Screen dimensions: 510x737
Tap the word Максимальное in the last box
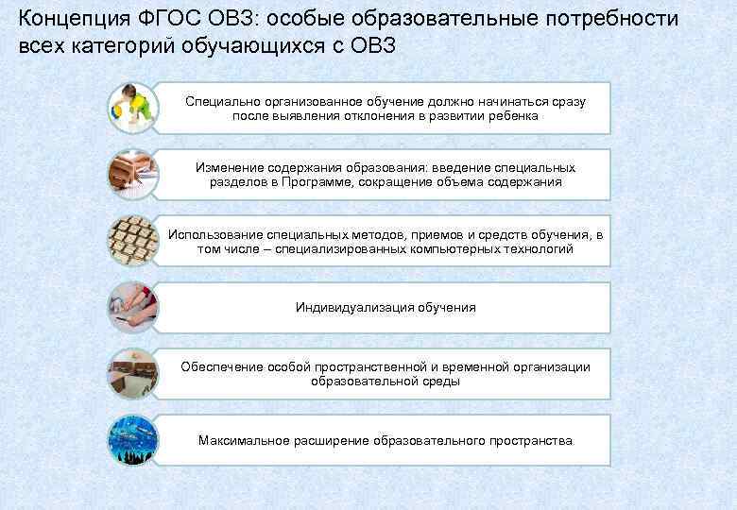click(x=236, y=441)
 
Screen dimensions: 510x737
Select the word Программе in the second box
click(x=312, y=182)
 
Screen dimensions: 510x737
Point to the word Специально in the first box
click(x=218, y=100)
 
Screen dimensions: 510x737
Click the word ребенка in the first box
click(x=515, y=116)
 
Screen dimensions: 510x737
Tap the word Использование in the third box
click(x=210, y=233)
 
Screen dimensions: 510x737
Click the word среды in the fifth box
click(x=443, y=382)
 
